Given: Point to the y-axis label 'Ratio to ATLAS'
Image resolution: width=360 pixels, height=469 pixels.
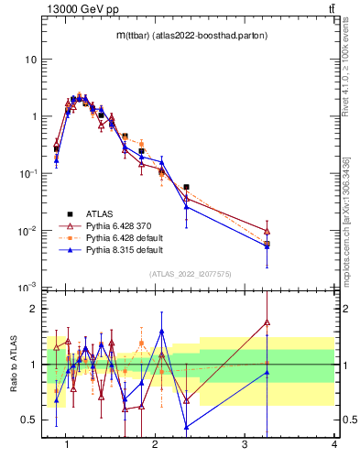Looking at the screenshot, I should (x=12, y=365).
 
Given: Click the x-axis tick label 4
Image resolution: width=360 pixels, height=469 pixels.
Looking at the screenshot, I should (x=333, y=445).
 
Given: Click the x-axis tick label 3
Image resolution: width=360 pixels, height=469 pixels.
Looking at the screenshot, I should (x=245, y=445).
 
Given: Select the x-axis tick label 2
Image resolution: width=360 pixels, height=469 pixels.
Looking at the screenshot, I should (x=155, y=445).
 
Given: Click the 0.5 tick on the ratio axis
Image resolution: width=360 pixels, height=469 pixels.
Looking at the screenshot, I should (x=30, y=420).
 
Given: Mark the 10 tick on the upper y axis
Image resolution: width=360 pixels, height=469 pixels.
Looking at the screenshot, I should (x=31, y=60).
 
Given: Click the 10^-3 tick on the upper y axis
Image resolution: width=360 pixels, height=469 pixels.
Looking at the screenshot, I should (x=27, y=288).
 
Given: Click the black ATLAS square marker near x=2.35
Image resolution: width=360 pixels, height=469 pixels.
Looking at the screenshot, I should (x=186, y=187).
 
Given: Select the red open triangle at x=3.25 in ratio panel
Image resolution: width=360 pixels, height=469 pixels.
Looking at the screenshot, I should (x=267, y=322).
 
